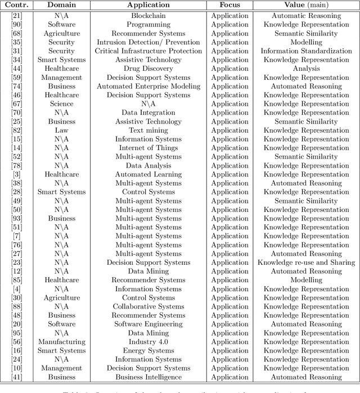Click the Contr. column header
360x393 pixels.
pos(17,5)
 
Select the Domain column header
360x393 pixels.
pos(61,5)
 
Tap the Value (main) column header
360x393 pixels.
pos(306,5)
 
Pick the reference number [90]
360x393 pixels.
pos(17,25)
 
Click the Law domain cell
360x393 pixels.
pos(61,130)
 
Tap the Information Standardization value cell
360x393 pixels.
pos(306,51)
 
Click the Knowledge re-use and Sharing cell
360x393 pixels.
pos(306,263)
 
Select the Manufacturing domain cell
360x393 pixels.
pos(61,342)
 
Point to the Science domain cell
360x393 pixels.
pos(61,104)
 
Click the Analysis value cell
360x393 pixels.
pos(306,69)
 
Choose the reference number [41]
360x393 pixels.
pos(17,377)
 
